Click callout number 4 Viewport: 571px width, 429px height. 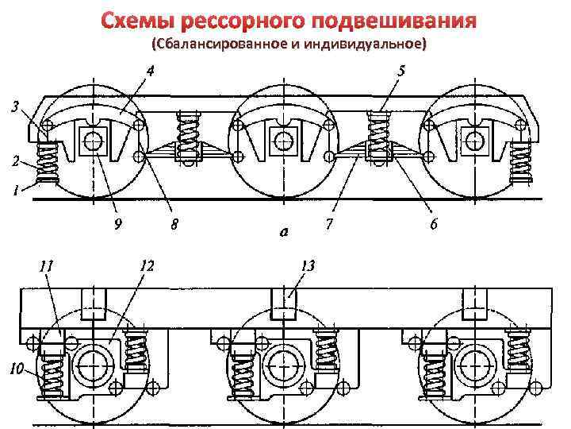coord(149,71)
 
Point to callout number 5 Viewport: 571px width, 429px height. coord(401,71)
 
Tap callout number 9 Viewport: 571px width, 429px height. coord(118,224)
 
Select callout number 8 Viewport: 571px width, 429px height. coord(174,224)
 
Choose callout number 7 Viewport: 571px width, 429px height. coord(328,224)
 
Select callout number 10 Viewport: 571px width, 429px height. coord(16,367)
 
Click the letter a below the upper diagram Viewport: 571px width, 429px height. coord(283,233)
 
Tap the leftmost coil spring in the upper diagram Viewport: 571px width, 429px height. coord(49,163)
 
